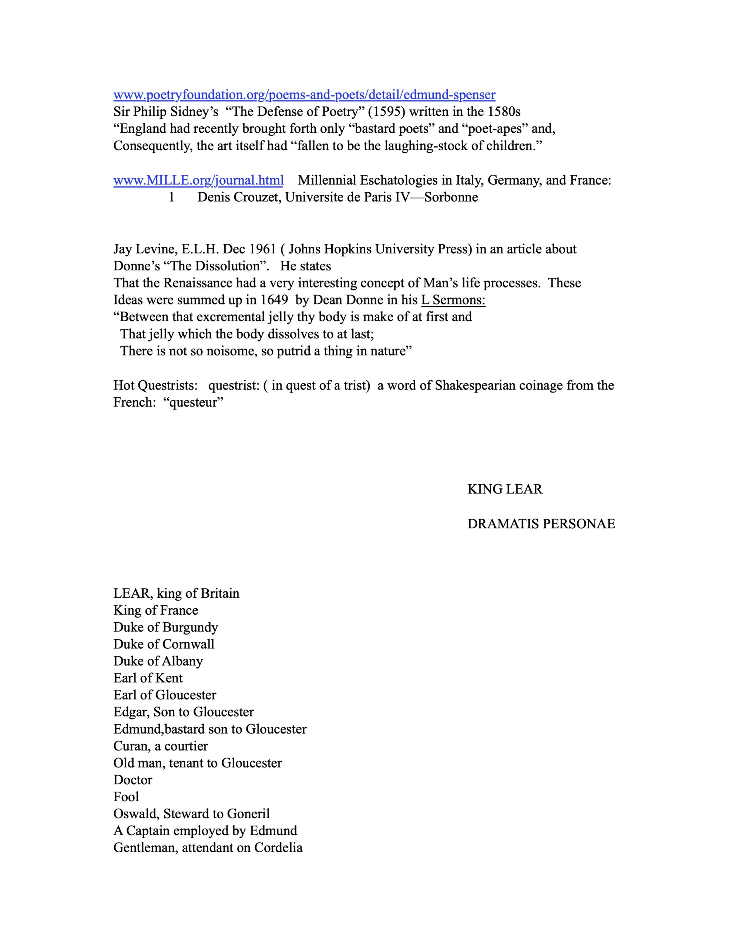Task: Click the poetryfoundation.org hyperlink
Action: click(x=304, y=95)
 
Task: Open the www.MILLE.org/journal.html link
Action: click(x=198, y=180)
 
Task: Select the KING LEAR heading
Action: click(x=505, y=489)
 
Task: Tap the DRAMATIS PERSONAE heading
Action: click(x=541, y=524)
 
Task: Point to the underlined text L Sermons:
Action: click(x=453, y=300)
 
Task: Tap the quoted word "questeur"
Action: click(x=195, y=402)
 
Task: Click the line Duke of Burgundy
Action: click(x=166, y=627)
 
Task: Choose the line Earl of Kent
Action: click(x=148, y=678)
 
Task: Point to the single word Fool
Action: click(x=126, y=796)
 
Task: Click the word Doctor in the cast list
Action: click(x=133, y=780)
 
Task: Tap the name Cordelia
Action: click(x=278, y=848)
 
